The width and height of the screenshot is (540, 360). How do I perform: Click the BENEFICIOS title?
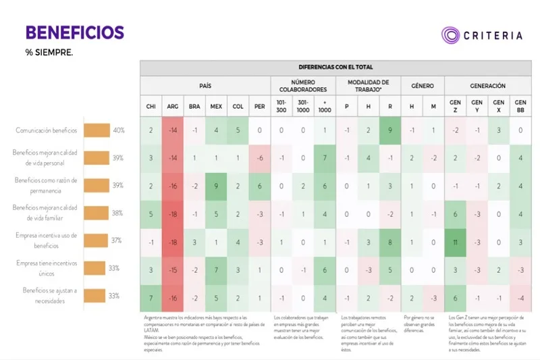(x=74, y=32)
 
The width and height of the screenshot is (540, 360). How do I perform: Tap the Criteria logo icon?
(x=451, y=35)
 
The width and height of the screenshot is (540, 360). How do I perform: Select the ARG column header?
(x=173, y=107)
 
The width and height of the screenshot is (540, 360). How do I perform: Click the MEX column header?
(x=216, y=107)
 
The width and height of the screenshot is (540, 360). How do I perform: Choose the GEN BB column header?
(x=520, y=107)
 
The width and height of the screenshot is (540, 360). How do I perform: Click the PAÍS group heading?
(x=205, y=86)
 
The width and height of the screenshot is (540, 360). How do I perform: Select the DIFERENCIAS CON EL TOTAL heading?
(x=335, y=68)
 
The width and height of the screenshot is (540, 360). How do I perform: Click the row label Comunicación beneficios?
(x=46, y=130)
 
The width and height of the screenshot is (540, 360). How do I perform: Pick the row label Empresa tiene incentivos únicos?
(x=46, y=268)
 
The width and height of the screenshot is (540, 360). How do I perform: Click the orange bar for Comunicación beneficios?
(x=97, y=130)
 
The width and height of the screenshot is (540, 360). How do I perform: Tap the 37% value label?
(x=117, y=240)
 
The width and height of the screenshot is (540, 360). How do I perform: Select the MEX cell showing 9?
(x=216, y=186)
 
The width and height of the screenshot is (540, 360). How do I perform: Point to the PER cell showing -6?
(x=260, y=158)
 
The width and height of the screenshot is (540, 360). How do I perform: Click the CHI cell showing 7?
(x=151, y=297)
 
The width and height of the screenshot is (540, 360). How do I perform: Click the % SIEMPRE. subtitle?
(x=49, y=53)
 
